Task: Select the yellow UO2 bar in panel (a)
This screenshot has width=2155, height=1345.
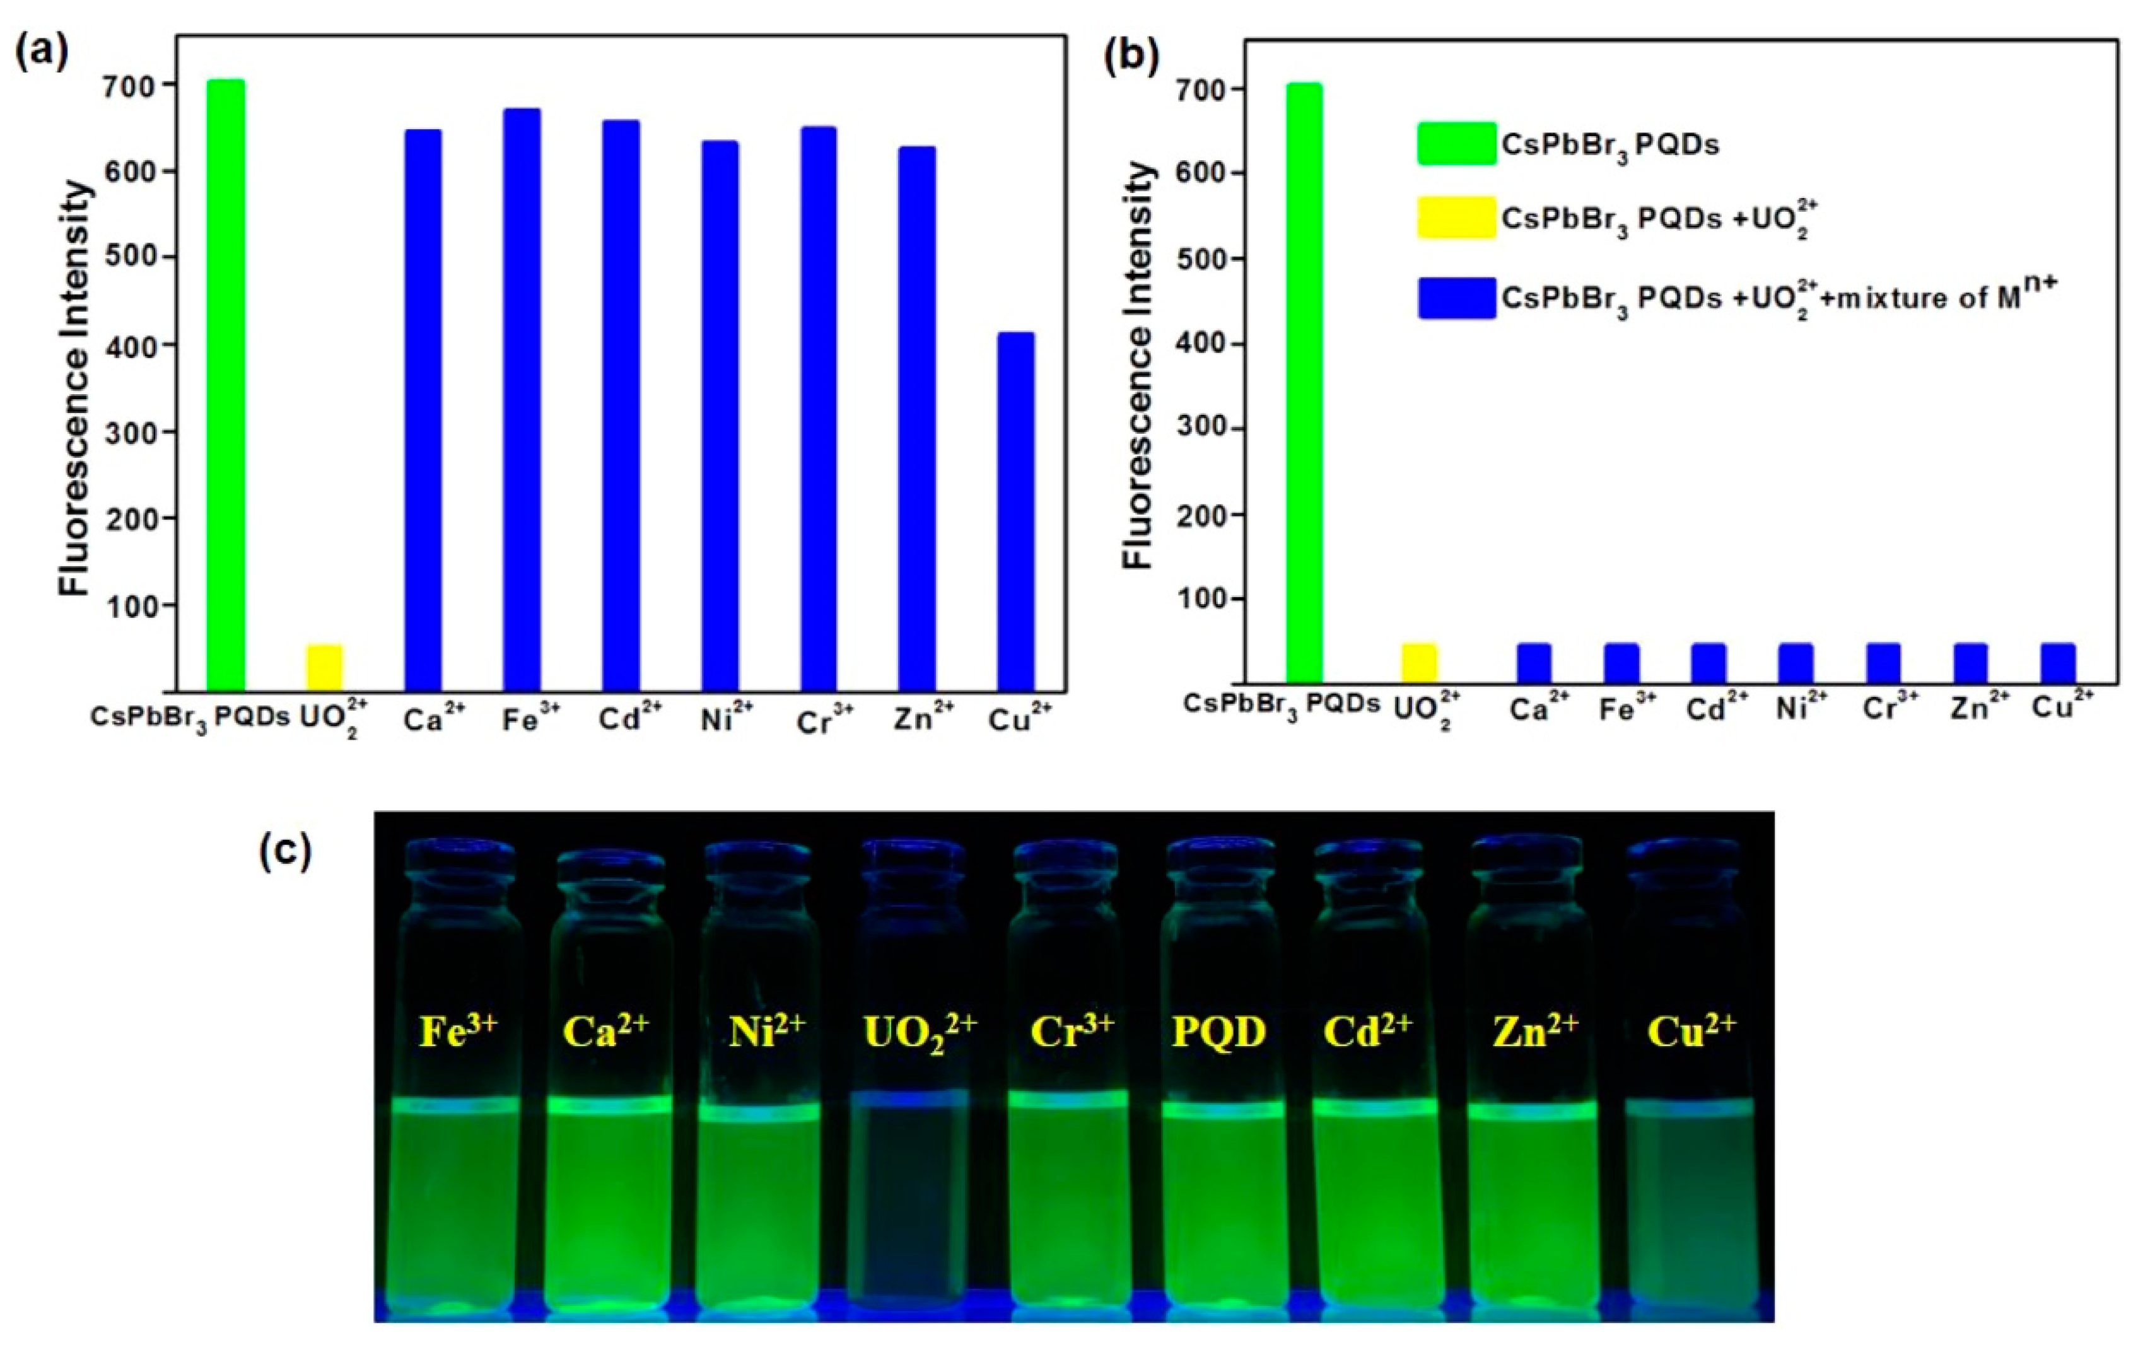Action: click(325, 667)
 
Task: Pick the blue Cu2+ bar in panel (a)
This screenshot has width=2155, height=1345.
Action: click(1015, 511)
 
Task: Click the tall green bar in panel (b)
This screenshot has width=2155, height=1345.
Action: click(1304, 383)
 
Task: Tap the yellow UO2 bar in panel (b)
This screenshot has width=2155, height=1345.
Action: click(1419, 663)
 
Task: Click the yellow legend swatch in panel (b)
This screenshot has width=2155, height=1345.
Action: click(1457, 218)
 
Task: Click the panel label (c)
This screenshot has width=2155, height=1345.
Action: click(284, 851)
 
